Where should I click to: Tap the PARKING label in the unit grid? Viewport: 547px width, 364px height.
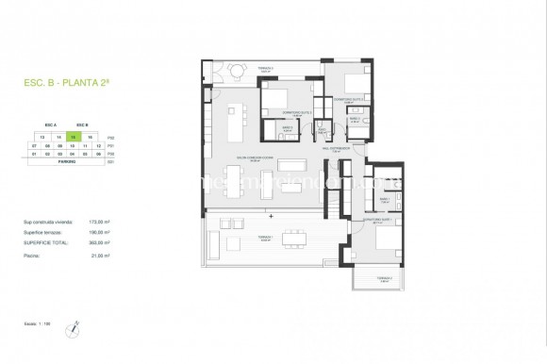point(66,161)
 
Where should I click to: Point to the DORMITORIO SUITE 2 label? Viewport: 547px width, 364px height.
point(350,99)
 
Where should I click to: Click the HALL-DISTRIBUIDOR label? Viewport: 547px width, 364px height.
point(338,148)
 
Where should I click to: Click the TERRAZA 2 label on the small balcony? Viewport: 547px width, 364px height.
point(382,278)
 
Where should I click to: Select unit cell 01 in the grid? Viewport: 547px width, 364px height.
point(34,154)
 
